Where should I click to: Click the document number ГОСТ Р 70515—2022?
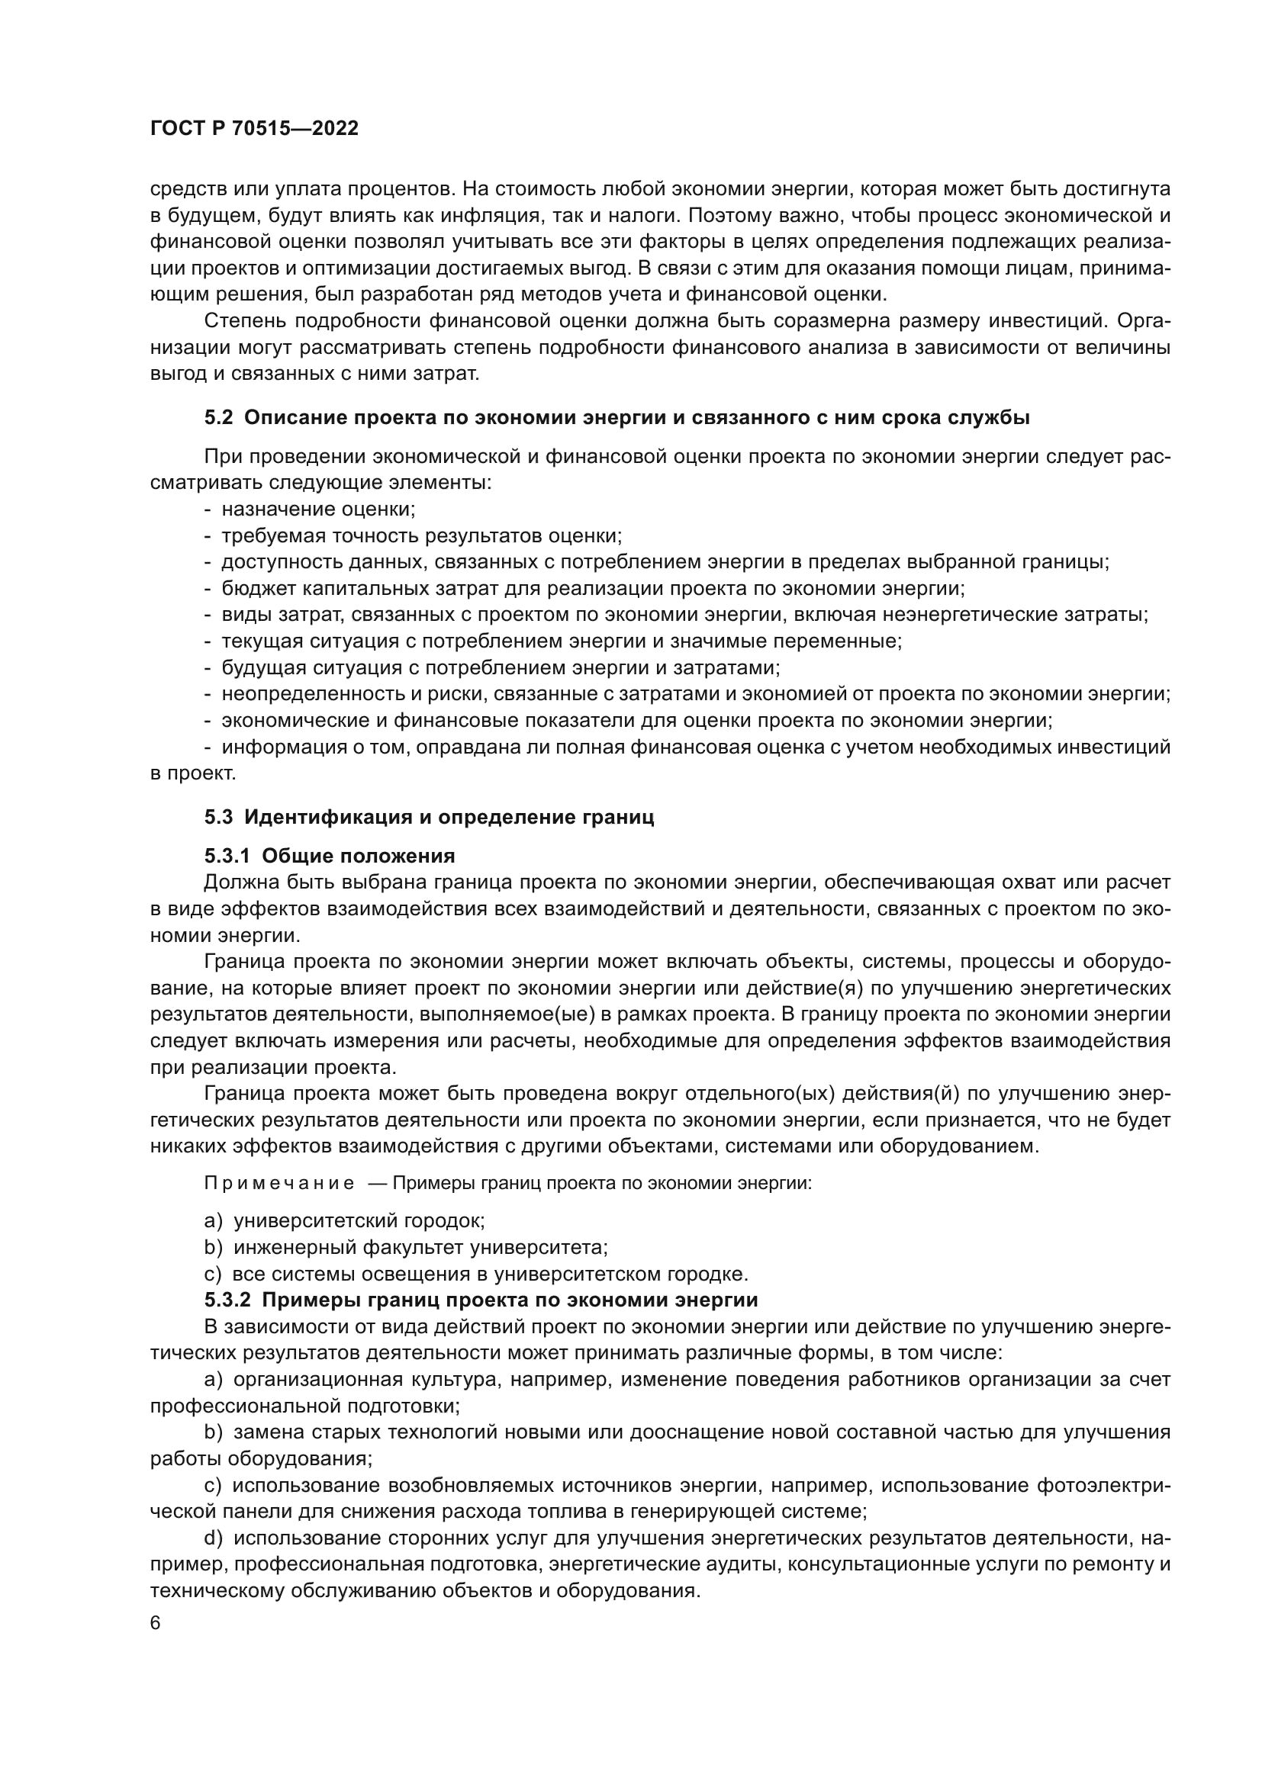click(x=254, y=129)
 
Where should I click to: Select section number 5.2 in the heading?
click(x=218, y=418)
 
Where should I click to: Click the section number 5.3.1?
click(x=227, y=857)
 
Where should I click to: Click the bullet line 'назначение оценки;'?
click(x=318, y=509)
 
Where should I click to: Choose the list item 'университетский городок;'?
click(x=359, y=1220)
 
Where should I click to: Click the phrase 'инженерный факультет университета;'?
click(x=420, y=1248)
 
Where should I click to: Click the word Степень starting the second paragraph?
click(x=245, y=321)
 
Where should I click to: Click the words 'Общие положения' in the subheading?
click(x=359, y=857)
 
